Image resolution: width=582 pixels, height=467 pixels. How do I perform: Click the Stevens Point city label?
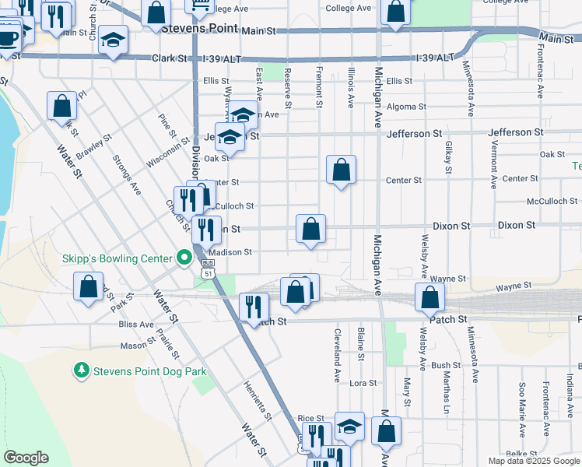(x=199, y=29)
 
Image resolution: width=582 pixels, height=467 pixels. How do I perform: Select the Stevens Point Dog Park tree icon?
(x=81, y=371)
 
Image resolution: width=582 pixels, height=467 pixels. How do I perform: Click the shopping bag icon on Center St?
(x=341, y=170)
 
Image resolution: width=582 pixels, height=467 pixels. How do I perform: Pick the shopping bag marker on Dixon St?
(x=310, y=230)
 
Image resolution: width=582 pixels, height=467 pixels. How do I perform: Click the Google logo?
(x=26, y=458)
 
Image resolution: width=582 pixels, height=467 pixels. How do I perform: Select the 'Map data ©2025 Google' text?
(x=532, y=461)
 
